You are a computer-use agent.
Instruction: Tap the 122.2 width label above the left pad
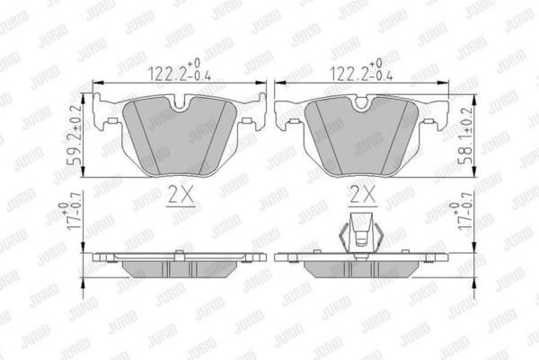(x=179, y=70)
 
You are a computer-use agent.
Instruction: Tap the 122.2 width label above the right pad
(x=361, y=70)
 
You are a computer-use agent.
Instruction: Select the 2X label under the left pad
(x=181, y=196)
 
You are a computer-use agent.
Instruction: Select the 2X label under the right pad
(x=363, y=196)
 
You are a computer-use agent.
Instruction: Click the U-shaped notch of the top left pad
(x=180, y=104)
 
